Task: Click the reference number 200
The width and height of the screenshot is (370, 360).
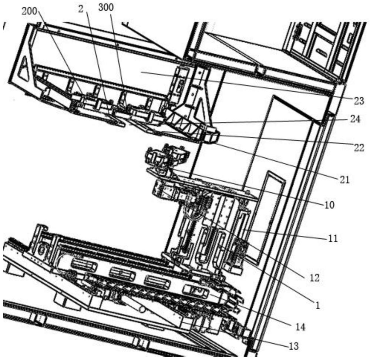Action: [29, 11]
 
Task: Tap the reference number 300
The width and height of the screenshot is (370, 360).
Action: [106, 7]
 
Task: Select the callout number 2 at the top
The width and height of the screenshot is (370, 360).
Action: [81, 10]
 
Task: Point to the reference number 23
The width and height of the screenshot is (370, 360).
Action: [359, 101]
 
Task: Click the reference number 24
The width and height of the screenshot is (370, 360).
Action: [355, 120]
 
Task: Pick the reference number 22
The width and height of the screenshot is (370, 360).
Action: [359, 148]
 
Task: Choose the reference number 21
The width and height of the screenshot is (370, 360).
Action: [344, 180]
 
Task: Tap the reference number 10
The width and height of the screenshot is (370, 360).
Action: [329, 205]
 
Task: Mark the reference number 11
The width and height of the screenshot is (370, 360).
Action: [333, 239]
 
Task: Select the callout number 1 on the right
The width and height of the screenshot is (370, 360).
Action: [317, 306]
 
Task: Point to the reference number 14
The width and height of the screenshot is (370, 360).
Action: [300, 327]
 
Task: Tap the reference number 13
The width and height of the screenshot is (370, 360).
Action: [293, 346]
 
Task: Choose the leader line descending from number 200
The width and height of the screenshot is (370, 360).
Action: [60, 53]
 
